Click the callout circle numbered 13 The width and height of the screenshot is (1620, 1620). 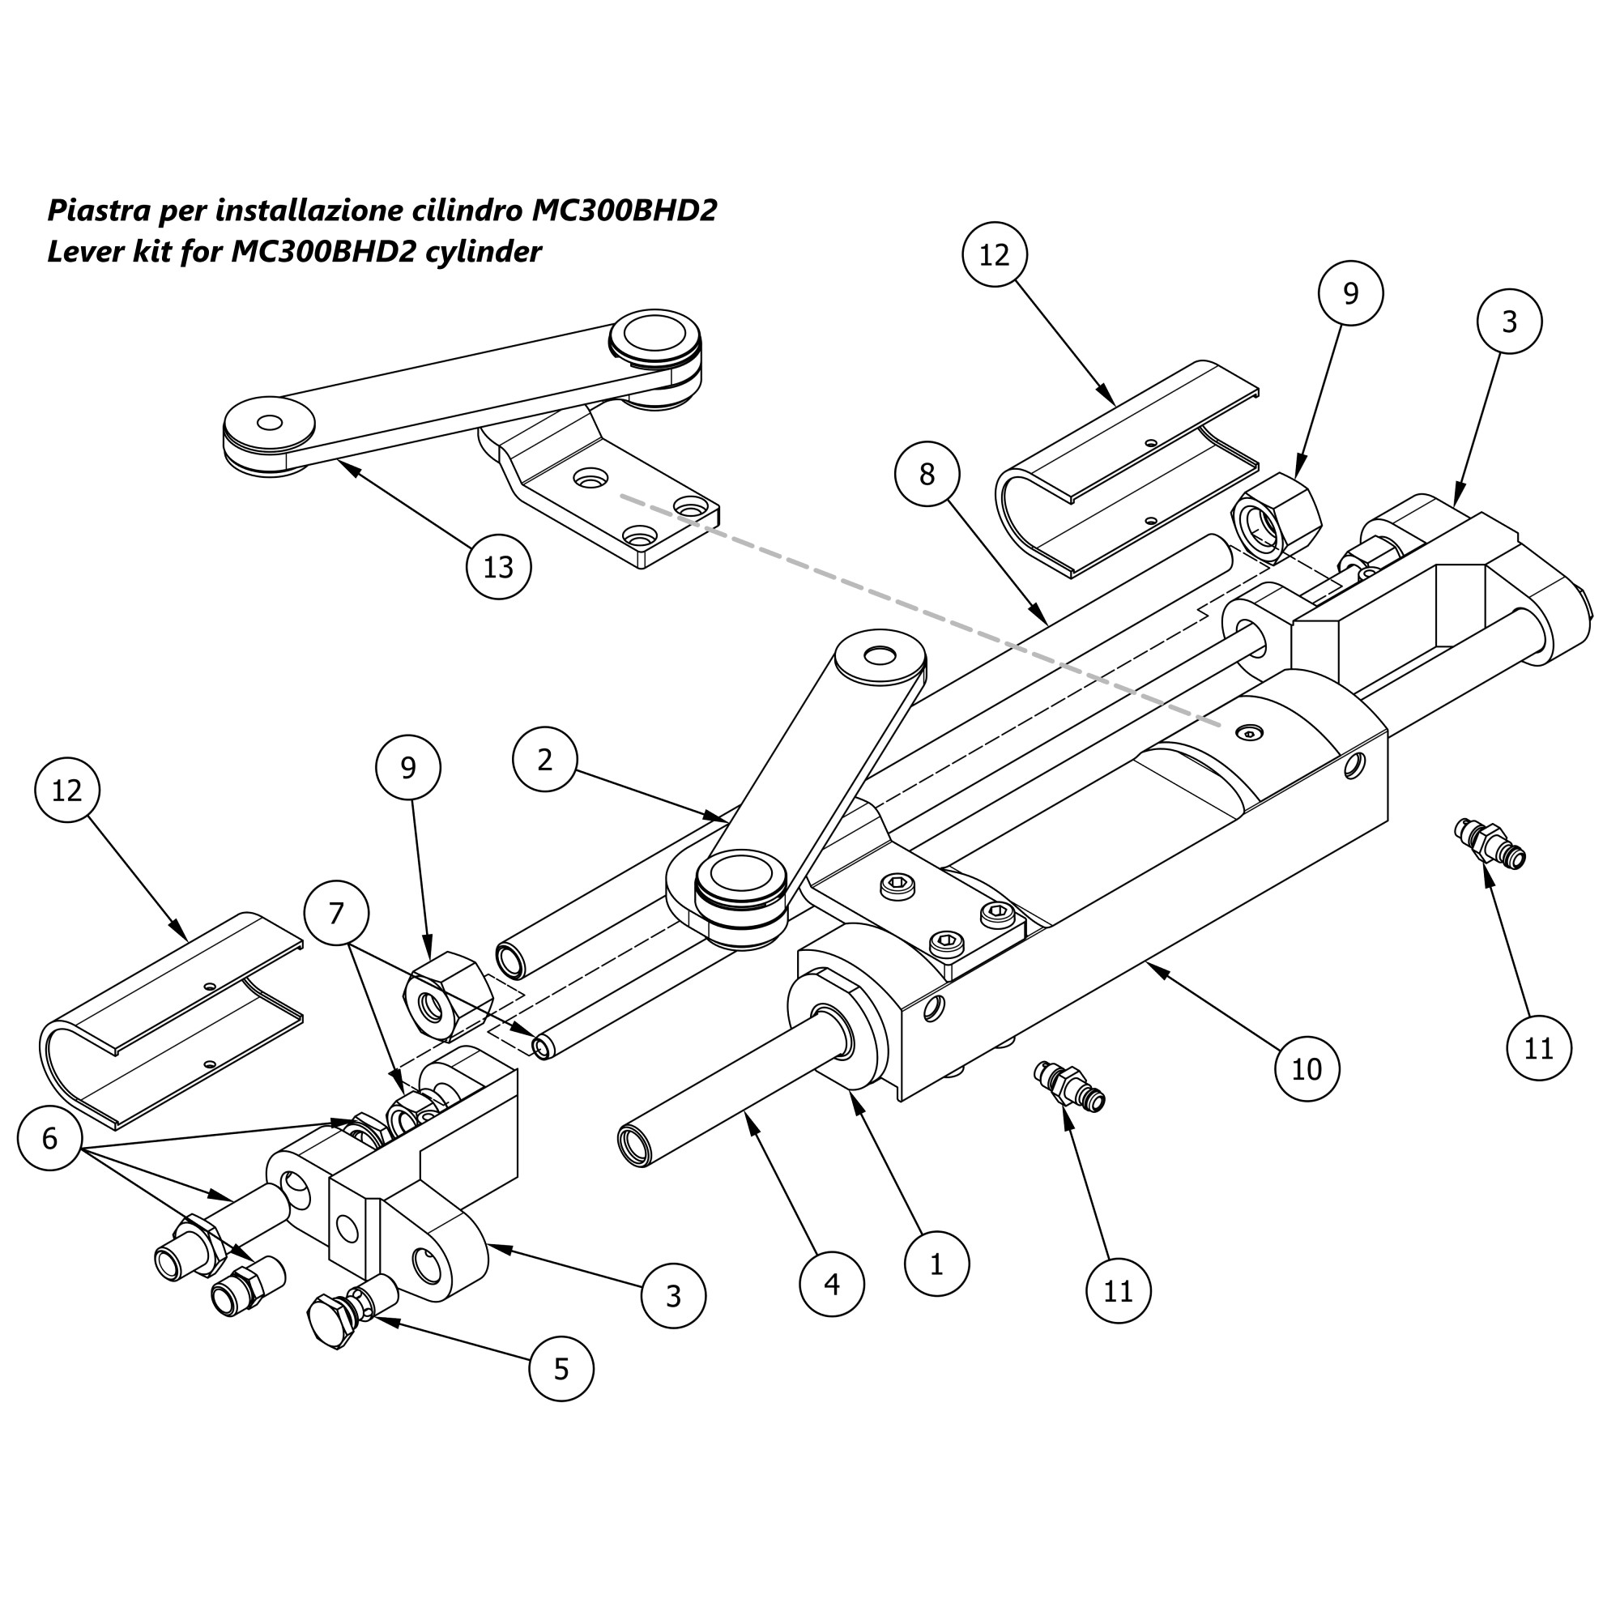tap(499, 567)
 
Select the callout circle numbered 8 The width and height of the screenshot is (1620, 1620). tap(927, 475)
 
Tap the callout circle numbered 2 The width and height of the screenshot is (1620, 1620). tap(545, 760)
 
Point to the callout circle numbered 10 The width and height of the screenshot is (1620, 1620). tap(1307, 1068)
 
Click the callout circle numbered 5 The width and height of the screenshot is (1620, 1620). tap(562, 1369)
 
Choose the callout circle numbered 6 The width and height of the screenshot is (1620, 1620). tap(49, 1139)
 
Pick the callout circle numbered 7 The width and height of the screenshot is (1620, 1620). tap(336, 913)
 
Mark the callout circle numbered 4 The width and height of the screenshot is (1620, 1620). tap(832, 1284)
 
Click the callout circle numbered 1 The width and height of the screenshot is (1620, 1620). tap(936, 1264)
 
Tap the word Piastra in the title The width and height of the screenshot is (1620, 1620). tap(99, 211)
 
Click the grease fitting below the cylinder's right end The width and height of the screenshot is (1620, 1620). tap(1490, 844)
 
